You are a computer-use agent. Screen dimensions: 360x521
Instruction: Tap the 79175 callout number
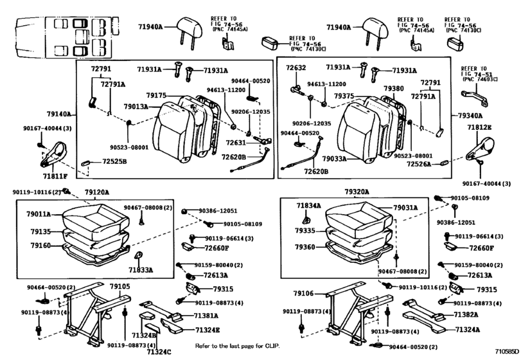tap(156, 95)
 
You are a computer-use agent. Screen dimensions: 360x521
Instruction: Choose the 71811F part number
tap(54, 174)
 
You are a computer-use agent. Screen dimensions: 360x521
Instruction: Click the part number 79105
tap(119, 286)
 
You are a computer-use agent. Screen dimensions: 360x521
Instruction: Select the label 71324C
tap(157, 352)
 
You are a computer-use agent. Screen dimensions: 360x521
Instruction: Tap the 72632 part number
tap(296, 67)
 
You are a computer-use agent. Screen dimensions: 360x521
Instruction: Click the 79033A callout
tap(335, 158)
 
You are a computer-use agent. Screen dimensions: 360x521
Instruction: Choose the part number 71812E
tap(479, 128)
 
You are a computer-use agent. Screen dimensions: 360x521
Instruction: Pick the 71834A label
tap(308, 205)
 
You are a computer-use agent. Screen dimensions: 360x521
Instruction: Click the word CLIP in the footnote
tap(270, 346)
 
